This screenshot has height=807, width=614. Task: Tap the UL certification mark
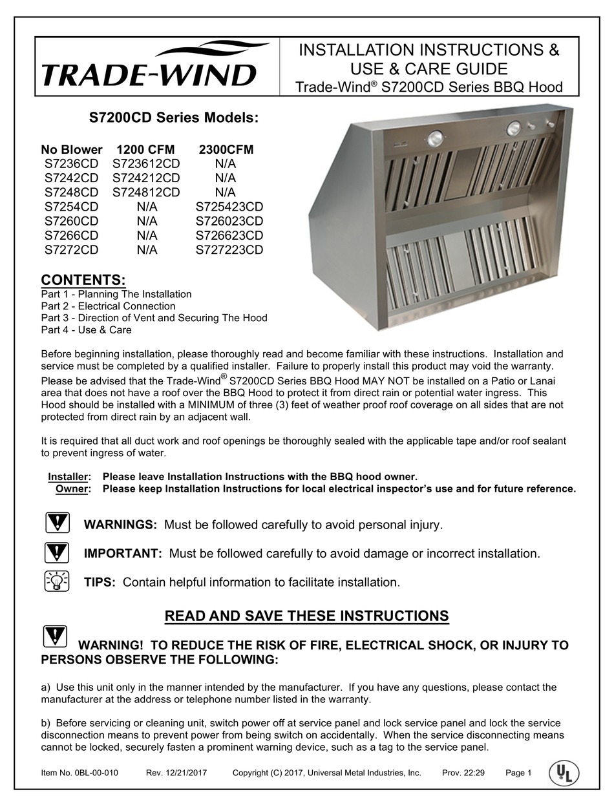(564, 773)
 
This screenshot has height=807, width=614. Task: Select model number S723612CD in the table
(146, 164)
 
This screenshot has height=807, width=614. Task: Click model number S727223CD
(229, 249)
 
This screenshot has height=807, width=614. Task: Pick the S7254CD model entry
(72, 207)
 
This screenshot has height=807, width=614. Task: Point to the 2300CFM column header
(226, 150)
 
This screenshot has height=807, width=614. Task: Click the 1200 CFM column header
(146, 150)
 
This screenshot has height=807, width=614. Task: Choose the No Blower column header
(72, 150)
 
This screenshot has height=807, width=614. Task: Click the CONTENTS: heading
(83, 280)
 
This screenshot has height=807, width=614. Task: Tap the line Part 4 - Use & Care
(86, 330)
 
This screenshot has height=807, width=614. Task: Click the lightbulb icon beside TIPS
(58, 582)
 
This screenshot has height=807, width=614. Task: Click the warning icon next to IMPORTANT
(58, 553)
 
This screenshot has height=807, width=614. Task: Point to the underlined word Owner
(71, 488)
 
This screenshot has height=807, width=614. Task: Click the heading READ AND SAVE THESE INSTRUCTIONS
(307, 616)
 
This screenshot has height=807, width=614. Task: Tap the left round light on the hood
(435, 138)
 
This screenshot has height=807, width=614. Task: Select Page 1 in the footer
(518, 773)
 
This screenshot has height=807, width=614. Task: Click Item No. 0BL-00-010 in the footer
(79, 773)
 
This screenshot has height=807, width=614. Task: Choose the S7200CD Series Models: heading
(173, 119)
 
